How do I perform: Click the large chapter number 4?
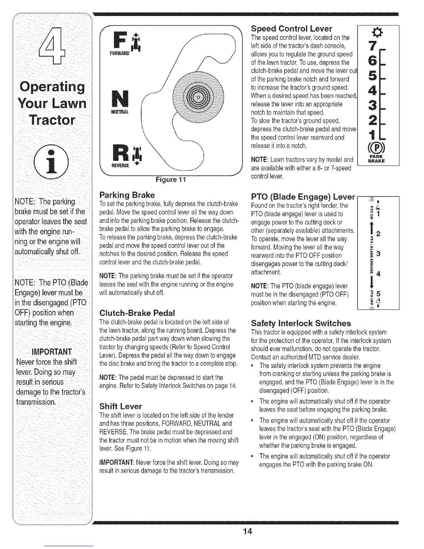(54, 47)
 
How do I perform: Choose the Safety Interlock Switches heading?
(301, 323)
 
